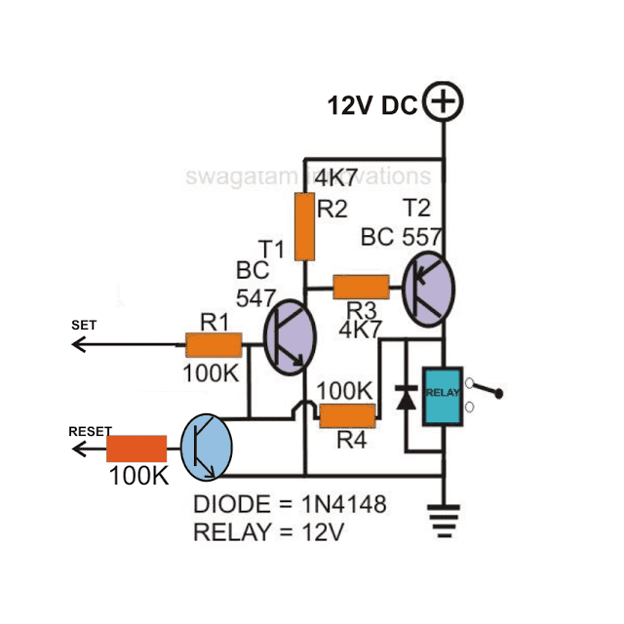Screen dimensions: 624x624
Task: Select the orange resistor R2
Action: (304, 226)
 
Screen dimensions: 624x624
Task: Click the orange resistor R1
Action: (214, 344)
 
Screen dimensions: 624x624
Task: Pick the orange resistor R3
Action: (361, 287)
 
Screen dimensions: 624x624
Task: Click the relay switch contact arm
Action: (487, 392)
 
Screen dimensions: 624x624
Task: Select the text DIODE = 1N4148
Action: (290, 506)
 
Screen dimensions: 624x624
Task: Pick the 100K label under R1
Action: (210, 373)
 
